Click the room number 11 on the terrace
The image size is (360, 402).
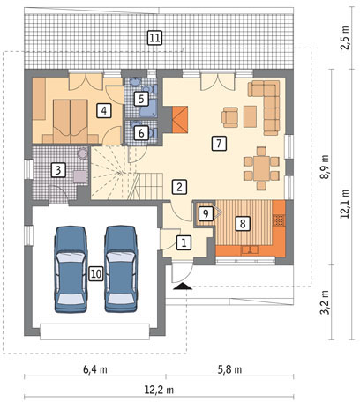pos(154,38)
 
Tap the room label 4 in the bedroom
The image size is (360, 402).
pos(104,110)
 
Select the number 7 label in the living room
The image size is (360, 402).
pos(219,144)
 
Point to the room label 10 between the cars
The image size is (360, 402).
pos(96,274)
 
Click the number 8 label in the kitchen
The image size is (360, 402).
pos(243,223)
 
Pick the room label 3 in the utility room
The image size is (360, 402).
pos(58,170)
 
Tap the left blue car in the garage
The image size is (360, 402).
pos(71,269)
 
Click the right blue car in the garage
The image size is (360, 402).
pos(121,269)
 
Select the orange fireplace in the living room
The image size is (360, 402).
pos(180,119)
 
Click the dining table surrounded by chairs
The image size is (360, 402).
pos(261,168)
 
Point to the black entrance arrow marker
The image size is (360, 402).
pos(183,286)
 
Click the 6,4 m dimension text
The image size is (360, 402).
pos(95,369)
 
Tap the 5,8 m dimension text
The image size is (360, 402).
pos(229,369)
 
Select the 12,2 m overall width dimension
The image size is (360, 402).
pos(159,390)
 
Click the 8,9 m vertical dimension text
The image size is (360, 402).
pos(325,167)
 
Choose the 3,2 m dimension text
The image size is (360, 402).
pos(325,302)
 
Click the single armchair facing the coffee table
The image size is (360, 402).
pos(230,117)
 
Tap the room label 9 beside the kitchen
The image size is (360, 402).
pos(206,213)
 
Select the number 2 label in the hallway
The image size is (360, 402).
pos(180,186)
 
